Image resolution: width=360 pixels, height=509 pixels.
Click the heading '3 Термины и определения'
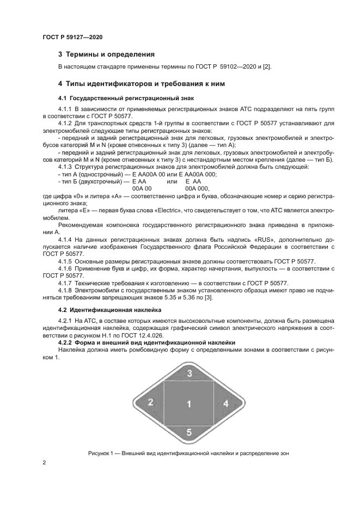tap(106, 54)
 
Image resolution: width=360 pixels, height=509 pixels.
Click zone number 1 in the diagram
tap(189, 403)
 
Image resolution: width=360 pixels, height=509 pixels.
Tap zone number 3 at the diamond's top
tap(189, 373)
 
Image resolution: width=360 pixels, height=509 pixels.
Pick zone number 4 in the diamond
tap(225, 403)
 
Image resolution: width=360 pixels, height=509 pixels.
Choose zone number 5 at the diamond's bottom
tap(189, 433)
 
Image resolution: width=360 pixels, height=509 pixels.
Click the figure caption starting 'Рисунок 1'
tap(188, 453)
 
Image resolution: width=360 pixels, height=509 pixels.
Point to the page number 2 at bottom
tap(44, 463)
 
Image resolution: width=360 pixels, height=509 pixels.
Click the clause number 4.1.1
tap(66, 109)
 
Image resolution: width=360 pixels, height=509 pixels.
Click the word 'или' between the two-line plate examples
tap(172, 181)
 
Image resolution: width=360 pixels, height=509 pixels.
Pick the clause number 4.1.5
tap(66, 261)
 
